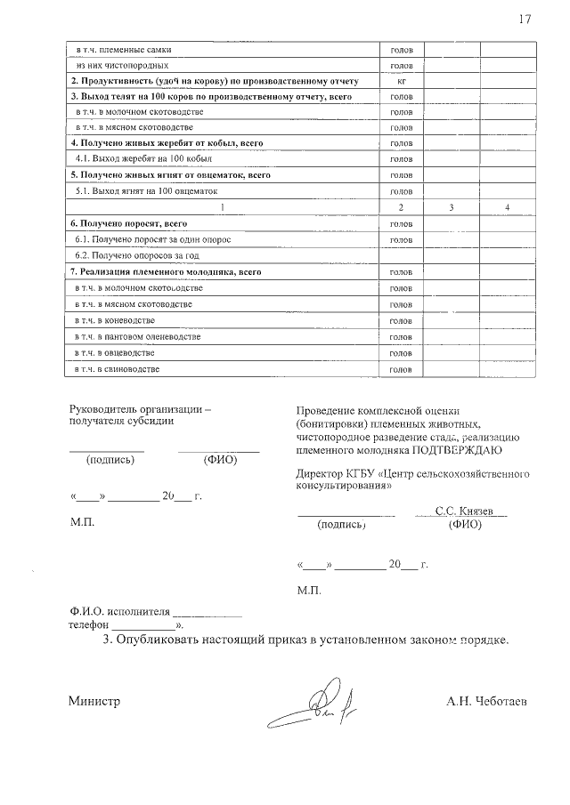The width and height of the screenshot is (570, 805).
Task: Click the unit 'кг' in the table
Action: tap(401, 81)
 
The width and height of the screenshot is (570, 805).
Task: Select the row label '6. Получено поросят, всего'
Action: tap(128, 223)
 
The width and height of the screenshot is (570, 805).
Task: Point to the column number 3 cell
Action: tap(452, 207)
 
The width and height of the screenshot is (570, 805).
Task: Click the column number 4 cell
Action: tap(507, 207)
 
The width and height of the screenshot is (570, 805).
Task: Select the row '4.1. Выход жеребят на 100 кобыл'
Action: tap(130, 159)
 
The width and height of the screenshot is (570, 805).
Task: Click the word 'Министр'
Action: tap(94, 701)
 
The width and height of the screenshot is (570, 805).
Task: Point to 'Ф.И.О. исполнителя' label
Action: tap(118, 612)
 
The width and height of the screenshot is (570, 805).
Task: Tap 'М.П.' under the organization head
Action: tap(82, 522)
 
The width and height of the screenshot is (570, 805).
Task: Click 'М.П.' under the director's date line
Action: tap(310, 590)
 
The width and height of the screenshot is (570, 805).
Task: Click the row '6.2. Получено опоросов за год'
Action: tap(133, 255)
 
